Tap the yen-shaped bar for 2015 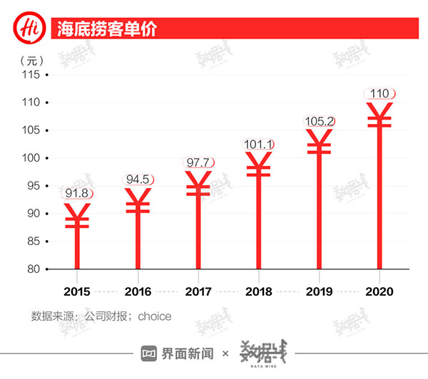(77, 235)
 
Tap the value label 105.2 (319, 121)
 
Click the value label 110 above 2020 (378, 93)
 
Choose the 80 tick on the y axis (31, 269)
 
